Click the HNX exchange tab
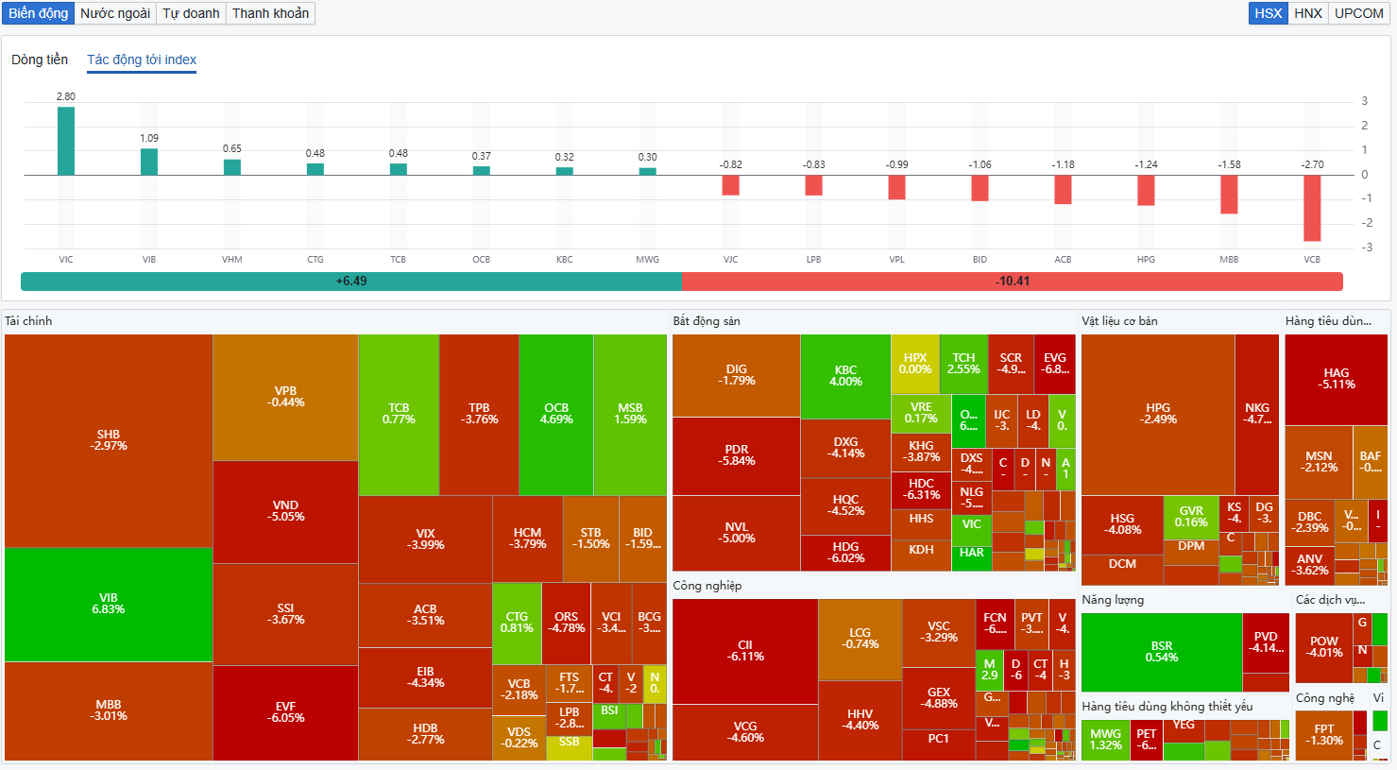point(1307,13)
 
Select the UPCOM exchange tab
point(1358,13)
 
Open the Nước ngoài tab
point(115,13)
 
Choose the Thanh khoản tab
point(270,13)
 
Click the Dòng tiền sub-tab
point(40,60)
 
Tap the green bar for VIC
point(66,141)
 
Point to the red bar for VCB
point(1312,208)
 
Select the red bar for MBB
point(1229,195)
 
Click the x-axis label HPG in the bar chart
point(1146,260)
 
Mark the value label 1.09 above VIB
point(149,138)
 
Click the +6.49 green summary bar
point(350,282)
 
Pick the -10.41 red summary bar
point(1012,282)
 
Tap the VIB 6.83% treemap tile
point(109,605)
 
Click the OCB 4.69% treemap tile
point(556,414)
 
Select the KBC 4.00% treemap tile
point(845,376)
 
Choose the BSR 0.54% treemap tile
point(1161,652)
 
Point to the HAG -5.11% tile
point(1336,379)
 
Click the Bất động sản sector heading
point(707,321)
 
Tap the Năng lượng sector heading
point(1113,600)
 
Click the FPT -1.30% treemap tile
point(1323,735)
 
